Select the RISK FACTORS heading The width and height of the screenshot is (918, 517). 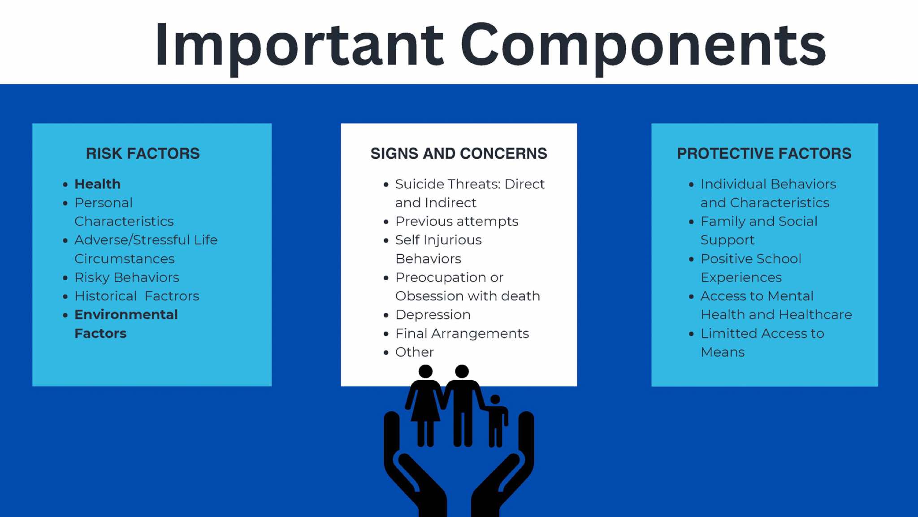(143, 153)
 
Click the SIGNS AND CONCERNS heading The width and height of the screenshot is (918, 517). (459, 153)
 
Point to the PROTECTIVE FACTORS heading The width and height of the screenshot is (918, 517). (764, 153)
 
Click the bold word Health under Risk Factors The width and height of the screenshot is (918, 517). (97, 184)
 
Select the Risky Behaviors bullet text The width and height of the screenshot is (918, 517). (127, 277)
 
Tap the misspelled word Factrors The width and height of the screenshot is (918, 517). (172, 296)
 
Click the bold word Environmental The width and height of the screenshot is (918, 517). (126, 314)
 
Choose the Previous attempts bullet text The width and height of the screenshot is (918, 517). (457, 222)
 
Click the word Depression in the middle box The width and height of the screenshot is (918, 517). (433, 315)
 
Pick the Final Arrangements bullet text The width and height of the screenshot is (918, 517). (462, 334)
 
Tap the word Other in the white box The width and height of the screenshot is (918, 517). (415, 352)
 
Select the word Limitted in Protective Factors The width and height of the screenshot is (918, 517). (729, 333)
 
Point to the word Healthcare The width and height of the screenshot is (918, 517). (810, 314)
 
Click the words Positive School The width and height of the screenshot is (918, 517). (751, 259)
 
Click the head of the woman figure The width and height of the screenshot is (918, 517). (425, 372)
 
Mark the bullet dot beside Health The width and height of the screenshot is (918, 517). (65, 184)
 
